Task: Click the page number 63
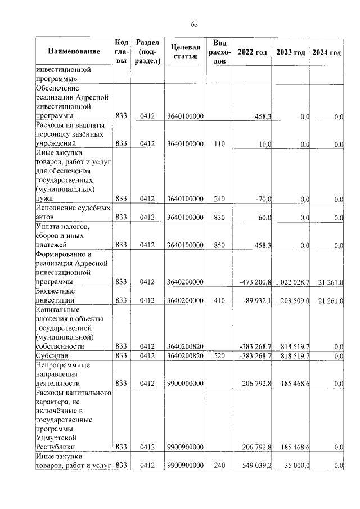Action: click(195, 24)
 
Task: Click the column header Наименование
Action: click(74, 52)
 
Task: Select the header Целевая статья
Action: click(185, 52)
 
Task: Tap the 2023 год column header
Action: click(291, 52)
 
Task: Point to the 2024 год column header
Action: click(327, 52)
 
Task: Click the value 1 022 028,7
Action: click(291, 282)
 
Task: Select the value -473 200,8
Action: click(251, 282)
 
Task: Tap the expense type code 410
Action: click(219, 300)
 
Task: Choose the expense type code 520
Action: click(219, 356)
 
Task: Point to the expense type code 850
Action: click(219, 245)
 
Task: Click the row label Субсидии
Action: click(50, 356)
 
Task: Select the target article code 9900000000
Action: click(185, 384)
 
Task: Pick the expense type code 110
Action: click(219, 144)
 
